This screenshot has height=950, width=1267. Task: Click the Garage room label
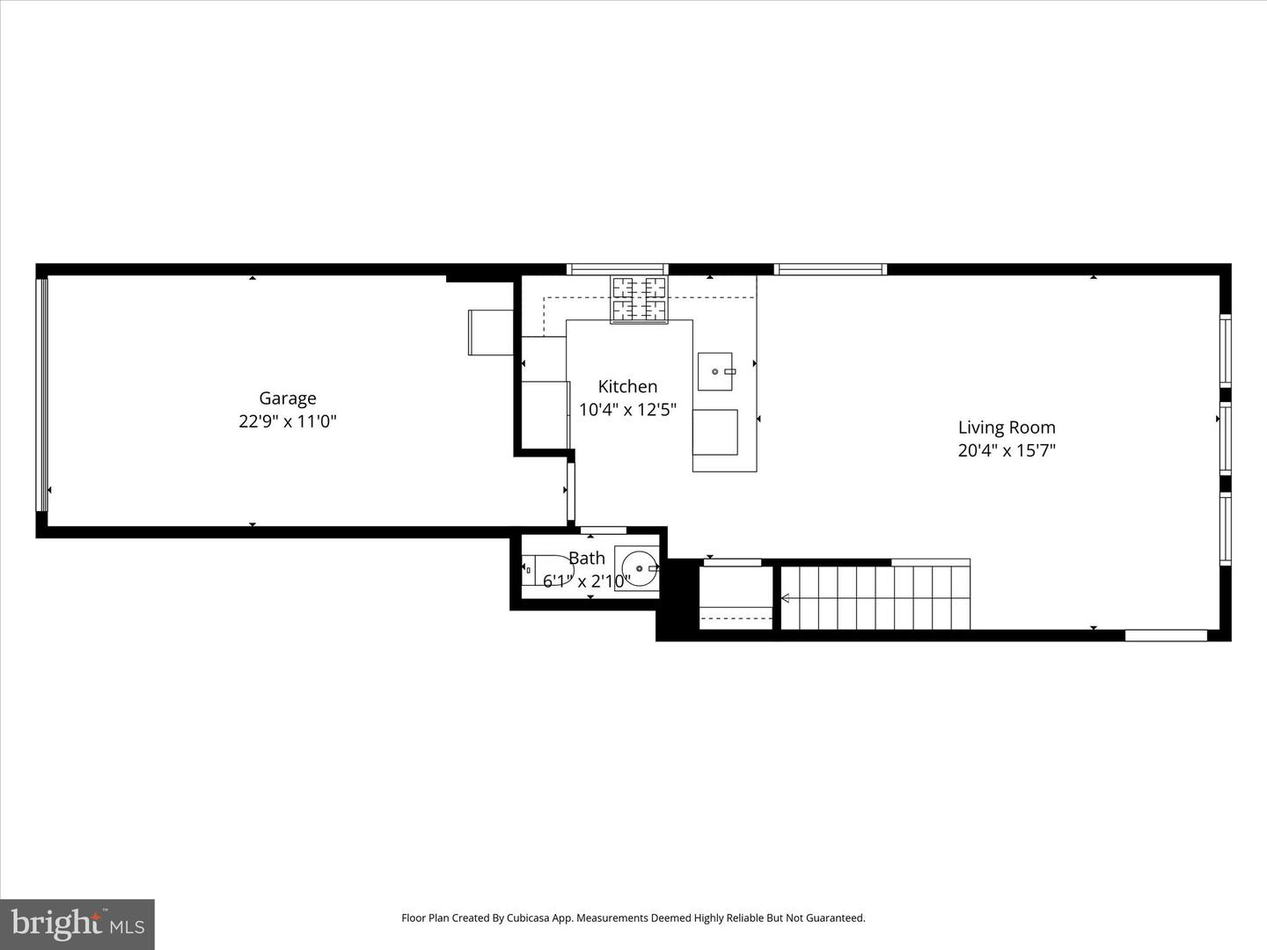click(x=287, y=398)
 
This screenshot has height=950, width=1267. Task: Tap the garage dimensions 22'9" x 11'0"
click(x=287, y=421)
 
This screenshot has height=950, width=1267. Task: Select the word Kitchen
click(x=627, y=386)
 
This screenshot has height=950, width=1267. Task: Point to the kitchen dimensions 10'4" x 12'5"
click(x=627, y=409)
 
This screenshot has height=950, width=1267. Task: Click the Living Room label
click(x=1007, y=427)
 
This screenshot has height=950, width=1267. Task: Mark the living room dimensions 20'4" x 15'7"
click(x=1007, y=450)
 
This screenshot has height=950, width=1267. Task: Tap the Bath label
click(x=586, y=558)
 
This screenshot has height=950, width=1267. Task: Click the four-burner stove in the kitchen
click(x=640, y=299)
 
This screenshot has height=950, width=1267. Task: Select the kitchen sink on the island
click(x=715, y=371)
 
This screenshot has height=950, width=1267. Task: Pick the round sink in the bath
click(x=637, y=568)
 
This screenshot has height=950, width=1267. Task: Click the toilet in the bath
click(x=545, y=570)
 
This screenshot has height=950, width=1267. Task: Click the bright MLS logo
click(x=77, y=924)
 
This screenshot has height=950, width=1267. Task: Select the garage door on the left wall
click(x=40, y=394)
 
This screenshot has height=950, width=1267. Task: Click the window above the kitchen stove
click(x=617, y=269)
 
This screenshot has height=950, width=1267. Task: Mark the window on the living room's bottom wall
click(x=1166, y=635)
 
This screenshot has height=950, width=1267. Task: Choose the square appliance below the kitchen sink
click(x=715, y=432)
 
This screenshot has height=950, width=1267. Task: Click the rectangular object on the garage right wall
click(x=491, y=332)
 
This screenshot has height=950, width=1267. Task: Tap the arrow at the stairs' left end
click(x=785, y=598)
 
